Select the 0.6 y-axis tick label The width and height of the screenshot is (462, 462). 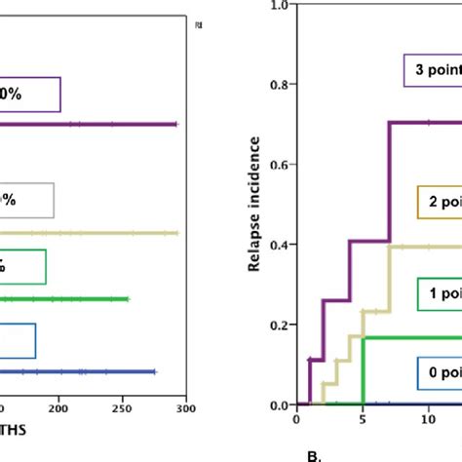click(279, 165)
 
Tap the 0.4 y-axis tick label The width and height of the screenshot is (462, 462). click(279, 245)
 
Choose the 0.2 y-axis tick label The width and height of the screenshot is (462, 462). click(279, 325)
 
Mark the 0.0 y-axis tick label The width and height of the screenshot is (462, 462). click(279, 404)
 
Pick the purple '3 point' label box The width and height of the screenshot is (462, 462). click(430, 69)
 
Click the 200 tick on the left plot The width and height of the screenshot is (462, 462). click(59, 407)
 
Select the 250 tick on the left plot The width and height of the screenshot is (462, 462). click(123, 407)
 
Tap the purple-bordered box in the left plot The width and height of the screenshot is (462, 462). click(30, 95)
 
